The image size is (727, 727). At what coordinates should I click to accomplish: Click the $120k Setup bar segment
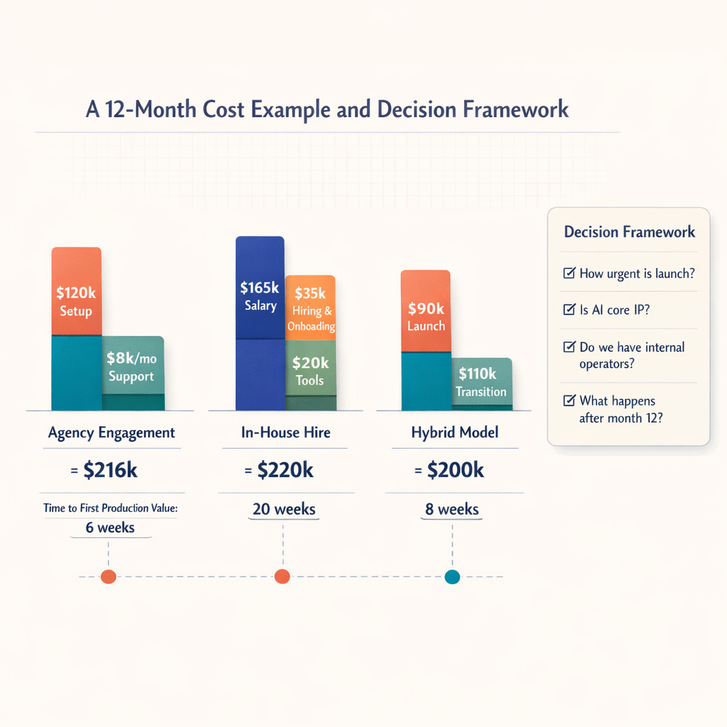[76, 291]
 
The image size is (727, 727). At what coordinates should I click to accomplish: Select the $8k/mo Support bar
[133, 366]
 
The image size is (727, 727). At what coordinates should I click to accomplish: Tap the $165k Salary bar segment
[260, 288]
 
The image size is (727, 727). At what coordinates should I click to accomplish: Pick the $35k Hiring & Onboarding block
[310, 307]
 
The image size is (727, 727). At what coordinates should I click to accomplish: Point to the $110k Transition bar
[481, 381]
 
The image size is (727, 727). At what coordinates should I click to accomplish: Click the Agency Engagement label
[111, 432]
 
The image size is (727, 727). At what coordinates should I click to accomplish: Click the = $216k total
[107, 470]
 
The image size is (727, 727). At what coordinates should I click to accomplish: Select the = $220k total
[280, 470]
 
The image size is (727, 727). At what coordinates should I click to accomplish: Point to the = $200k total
[449, 470]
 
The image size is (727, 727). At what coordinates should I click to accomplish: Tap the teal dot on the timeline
[452, 577]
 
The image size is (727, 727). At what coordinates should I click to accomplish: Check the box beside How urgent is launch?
[569, 273]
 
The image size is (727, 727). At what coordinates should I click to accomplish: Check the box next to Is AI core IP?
[569, 310]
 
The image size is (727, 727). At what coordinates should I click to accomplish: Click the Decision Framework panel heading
[629, 232]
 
